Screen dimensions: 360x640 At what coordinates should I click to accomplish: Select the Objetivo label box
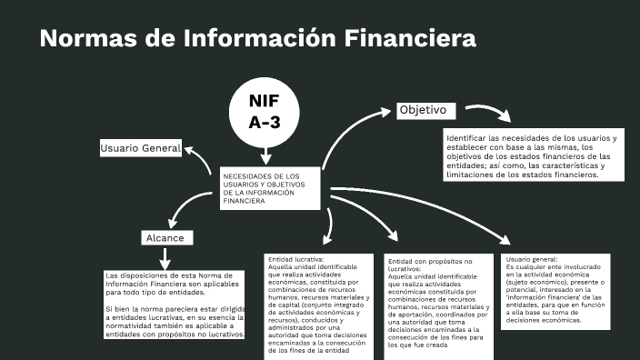coord(424,110)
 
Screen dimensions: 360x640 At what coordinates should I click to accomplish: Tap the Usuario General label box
coord(141,148)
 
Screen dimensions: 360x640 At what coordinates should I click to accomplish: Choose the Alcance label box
coord(166,237)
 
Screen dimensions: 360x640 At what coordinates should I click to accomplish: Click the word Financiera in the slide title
coord(410,38)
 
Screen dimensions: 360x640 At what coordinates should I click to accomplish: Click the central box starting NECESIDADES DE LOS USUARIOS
coord(271,188)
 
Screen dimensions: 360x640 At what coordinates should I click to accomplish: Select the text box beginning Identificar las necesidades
coord(532,156)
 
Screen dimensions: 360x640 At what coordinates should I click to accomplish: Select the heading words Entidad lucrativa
coord(290,259)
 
